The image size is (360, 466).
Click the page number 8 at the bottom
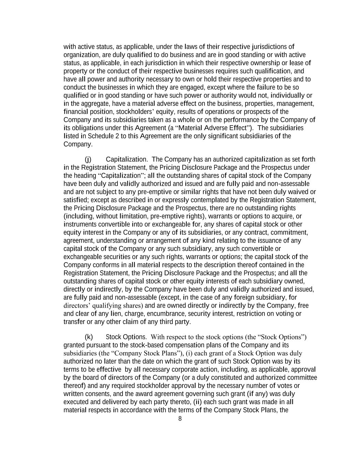coord(180,419)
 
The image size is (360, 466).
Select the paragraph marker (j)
coord(88,159)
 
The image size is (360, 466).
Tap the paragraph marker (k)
coord(88,337)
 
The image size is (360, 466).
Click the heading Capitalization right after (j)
coord(127,159)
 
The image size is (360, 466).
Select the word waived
coord(297,192)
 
